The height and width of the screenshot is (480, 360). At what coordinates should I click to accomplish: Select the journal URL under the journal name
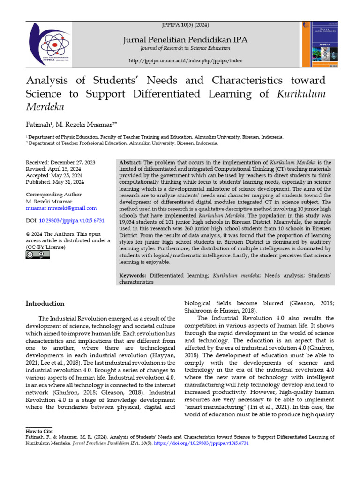coord(185,61)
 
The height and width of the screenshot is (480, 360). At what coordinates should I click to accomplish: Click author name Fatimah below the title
coord(40,125)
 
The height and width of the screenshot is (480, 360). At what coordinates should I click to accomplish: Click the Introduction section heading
coord(45,303)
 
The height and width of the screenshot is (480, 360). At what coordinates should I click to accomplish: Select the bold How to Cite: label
coord(40,430)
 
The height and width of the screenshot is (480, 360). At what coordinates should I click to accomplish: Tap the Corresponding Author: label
coord(54,195)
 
